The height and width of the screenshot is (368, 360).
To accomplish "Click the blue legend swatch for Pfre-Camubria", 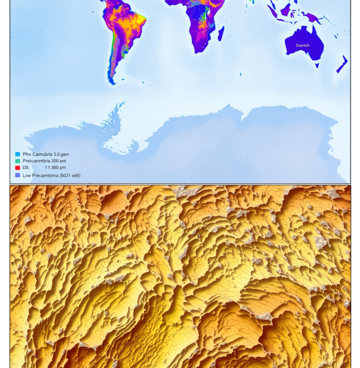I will [17, 154].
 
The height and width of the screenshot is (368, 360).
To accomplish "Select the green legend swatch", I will [17, 161].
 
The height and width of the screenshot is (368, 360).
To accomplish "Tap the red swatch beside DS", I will [17, 167].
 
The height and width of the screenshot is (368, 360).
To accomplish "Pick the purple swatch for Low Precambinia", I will [17, 175].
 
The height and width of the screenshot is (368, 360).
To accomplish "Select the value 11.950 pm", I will [55, 167].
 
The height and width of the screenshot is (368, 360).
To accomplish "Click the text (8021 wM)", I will [69, 175].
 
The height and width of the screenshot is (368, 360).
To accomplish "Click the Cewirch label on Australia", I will [303, 45].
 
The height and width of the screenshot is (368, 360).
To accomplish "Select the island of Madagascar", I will [221, 33].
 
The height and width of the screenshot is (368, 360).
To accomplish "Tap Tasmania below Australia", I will [317, 65].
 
